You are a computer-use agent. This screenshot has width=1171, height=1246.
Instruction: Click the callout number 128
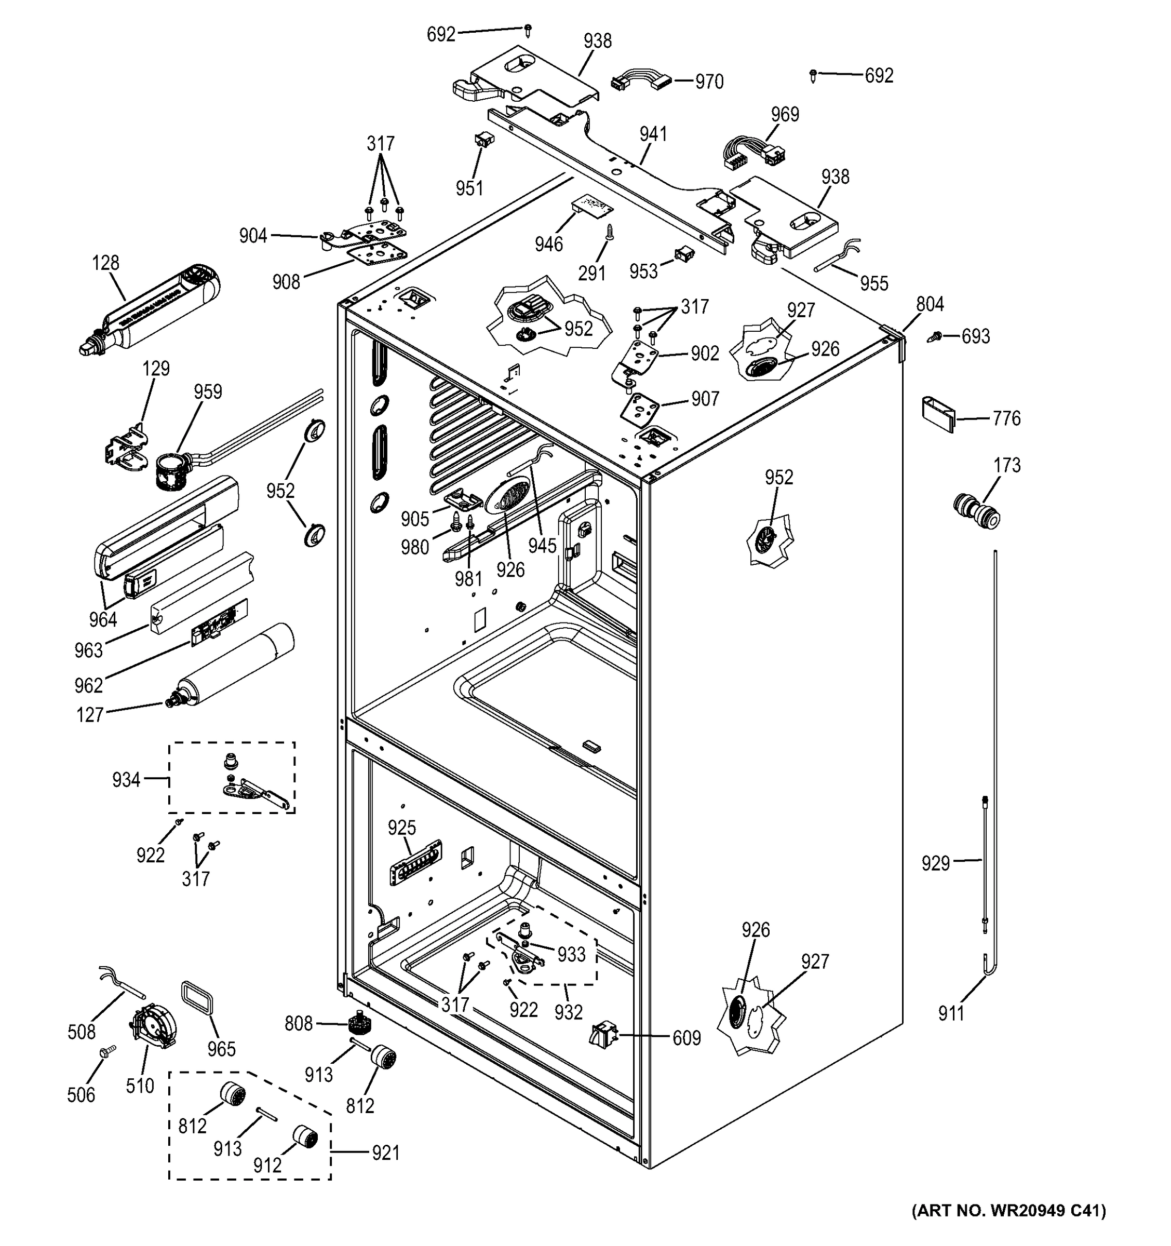(x=105, y=263)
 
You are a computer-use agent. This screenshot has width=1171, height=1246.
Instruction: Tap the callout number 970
(x=709, y=82)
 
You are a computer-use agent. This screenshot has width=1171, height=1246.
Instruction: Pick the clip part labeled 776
(x=937, y=413)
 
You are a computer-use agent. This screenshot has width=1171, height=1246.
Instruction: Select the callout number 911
(x=951, y=1013)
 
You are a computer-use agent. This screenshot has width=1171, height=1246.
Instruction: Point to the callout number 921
(x=385, y=1153)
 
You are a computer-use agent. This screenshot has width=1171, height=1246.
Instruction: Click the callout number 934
(x=126, y=780)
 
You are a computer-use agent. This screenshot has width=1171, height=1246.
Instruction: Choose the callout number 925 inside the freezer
(x=402, y=828)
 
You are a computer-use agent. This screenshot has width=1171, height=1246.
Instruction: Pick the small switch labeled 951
(x=481, y=140)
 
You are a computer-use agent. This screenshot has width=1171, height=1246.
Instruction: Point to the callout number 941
(x=653, y=134)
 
